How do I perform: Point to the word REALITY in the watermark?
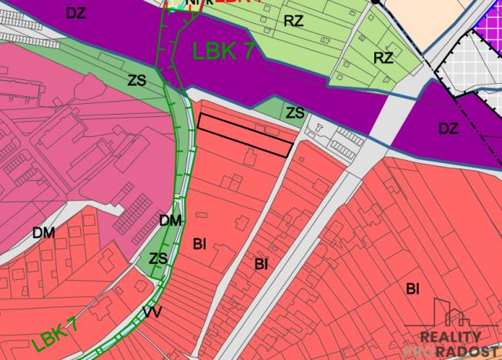(x=450, y=337)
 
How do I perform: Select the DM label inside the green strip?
(x=170, y=222)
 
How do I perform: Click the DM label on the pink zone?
(x=43, y=232)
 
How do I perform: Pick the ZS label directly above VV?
(x=158, y=258)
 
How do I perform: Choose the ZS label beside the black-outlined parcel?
(x=295, y=113)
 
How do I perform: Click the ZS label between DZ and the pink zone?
(x=138, y=79)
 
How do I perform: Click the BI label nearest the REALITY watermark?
(x=413, y=288)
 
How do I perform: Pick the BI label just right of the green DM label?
(x=199, y=244)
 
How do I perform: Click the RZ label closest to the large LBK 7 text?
(x=293, y=21)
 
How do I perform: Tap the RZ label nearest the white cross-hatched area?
(x=383, y=58)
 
